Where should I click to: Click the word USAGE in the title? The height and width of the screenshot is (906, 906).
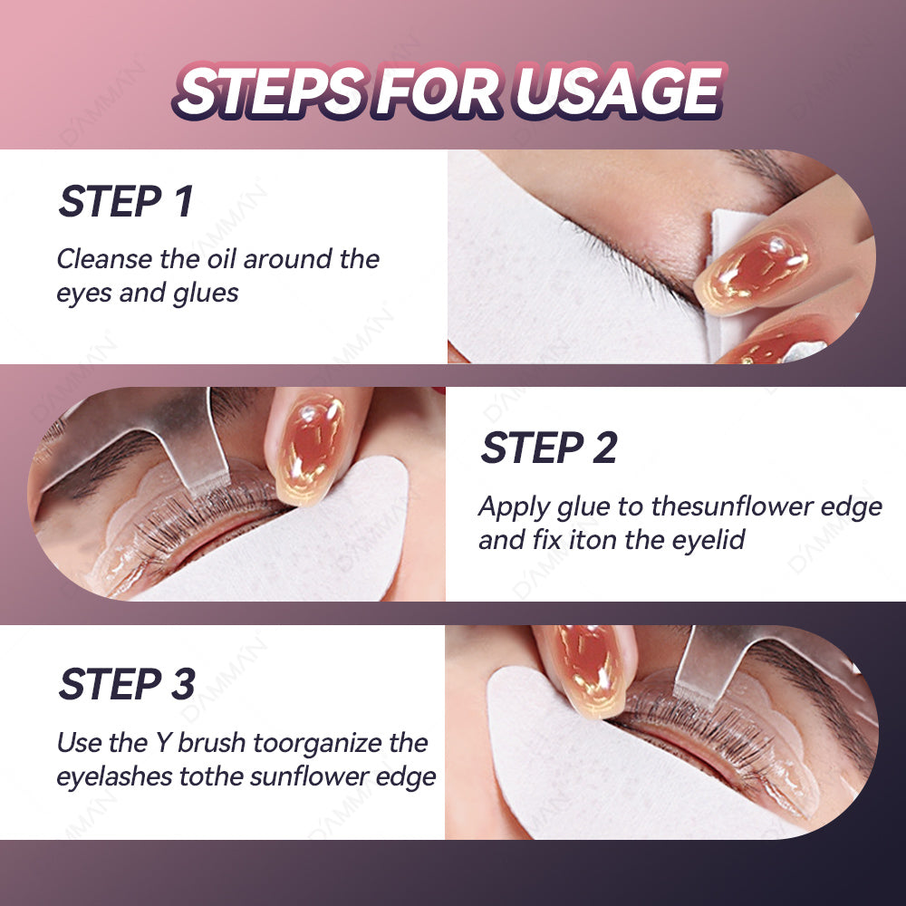click(x=619, y=91)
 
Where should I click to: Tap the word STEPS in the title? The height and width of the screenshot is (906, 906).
click(x=270, y=91)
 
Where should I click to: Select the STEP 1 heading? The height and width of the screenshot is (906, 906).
click(x=126, y=201)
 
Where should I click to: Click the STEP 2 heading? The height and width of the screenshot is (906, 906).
click(x=550, y=448)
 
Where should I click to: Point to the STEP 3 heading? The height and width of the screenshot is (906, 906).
click(x=127, y=684)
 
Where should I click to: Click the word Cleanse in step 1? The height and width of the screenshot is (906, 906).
click(x=104, y=259)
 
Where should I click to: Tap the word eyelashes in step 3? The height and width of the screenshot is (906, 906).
click(x=114, y=776)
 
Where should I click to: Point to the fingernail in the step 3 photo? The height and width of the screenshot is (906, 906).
click(x=590, y=670)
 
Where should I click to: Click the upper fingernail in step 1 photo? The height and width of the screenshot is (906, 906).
click(x=754, y=270)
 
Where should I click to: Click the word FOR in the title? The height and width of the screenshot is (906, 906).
click(x=439, y=91)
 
